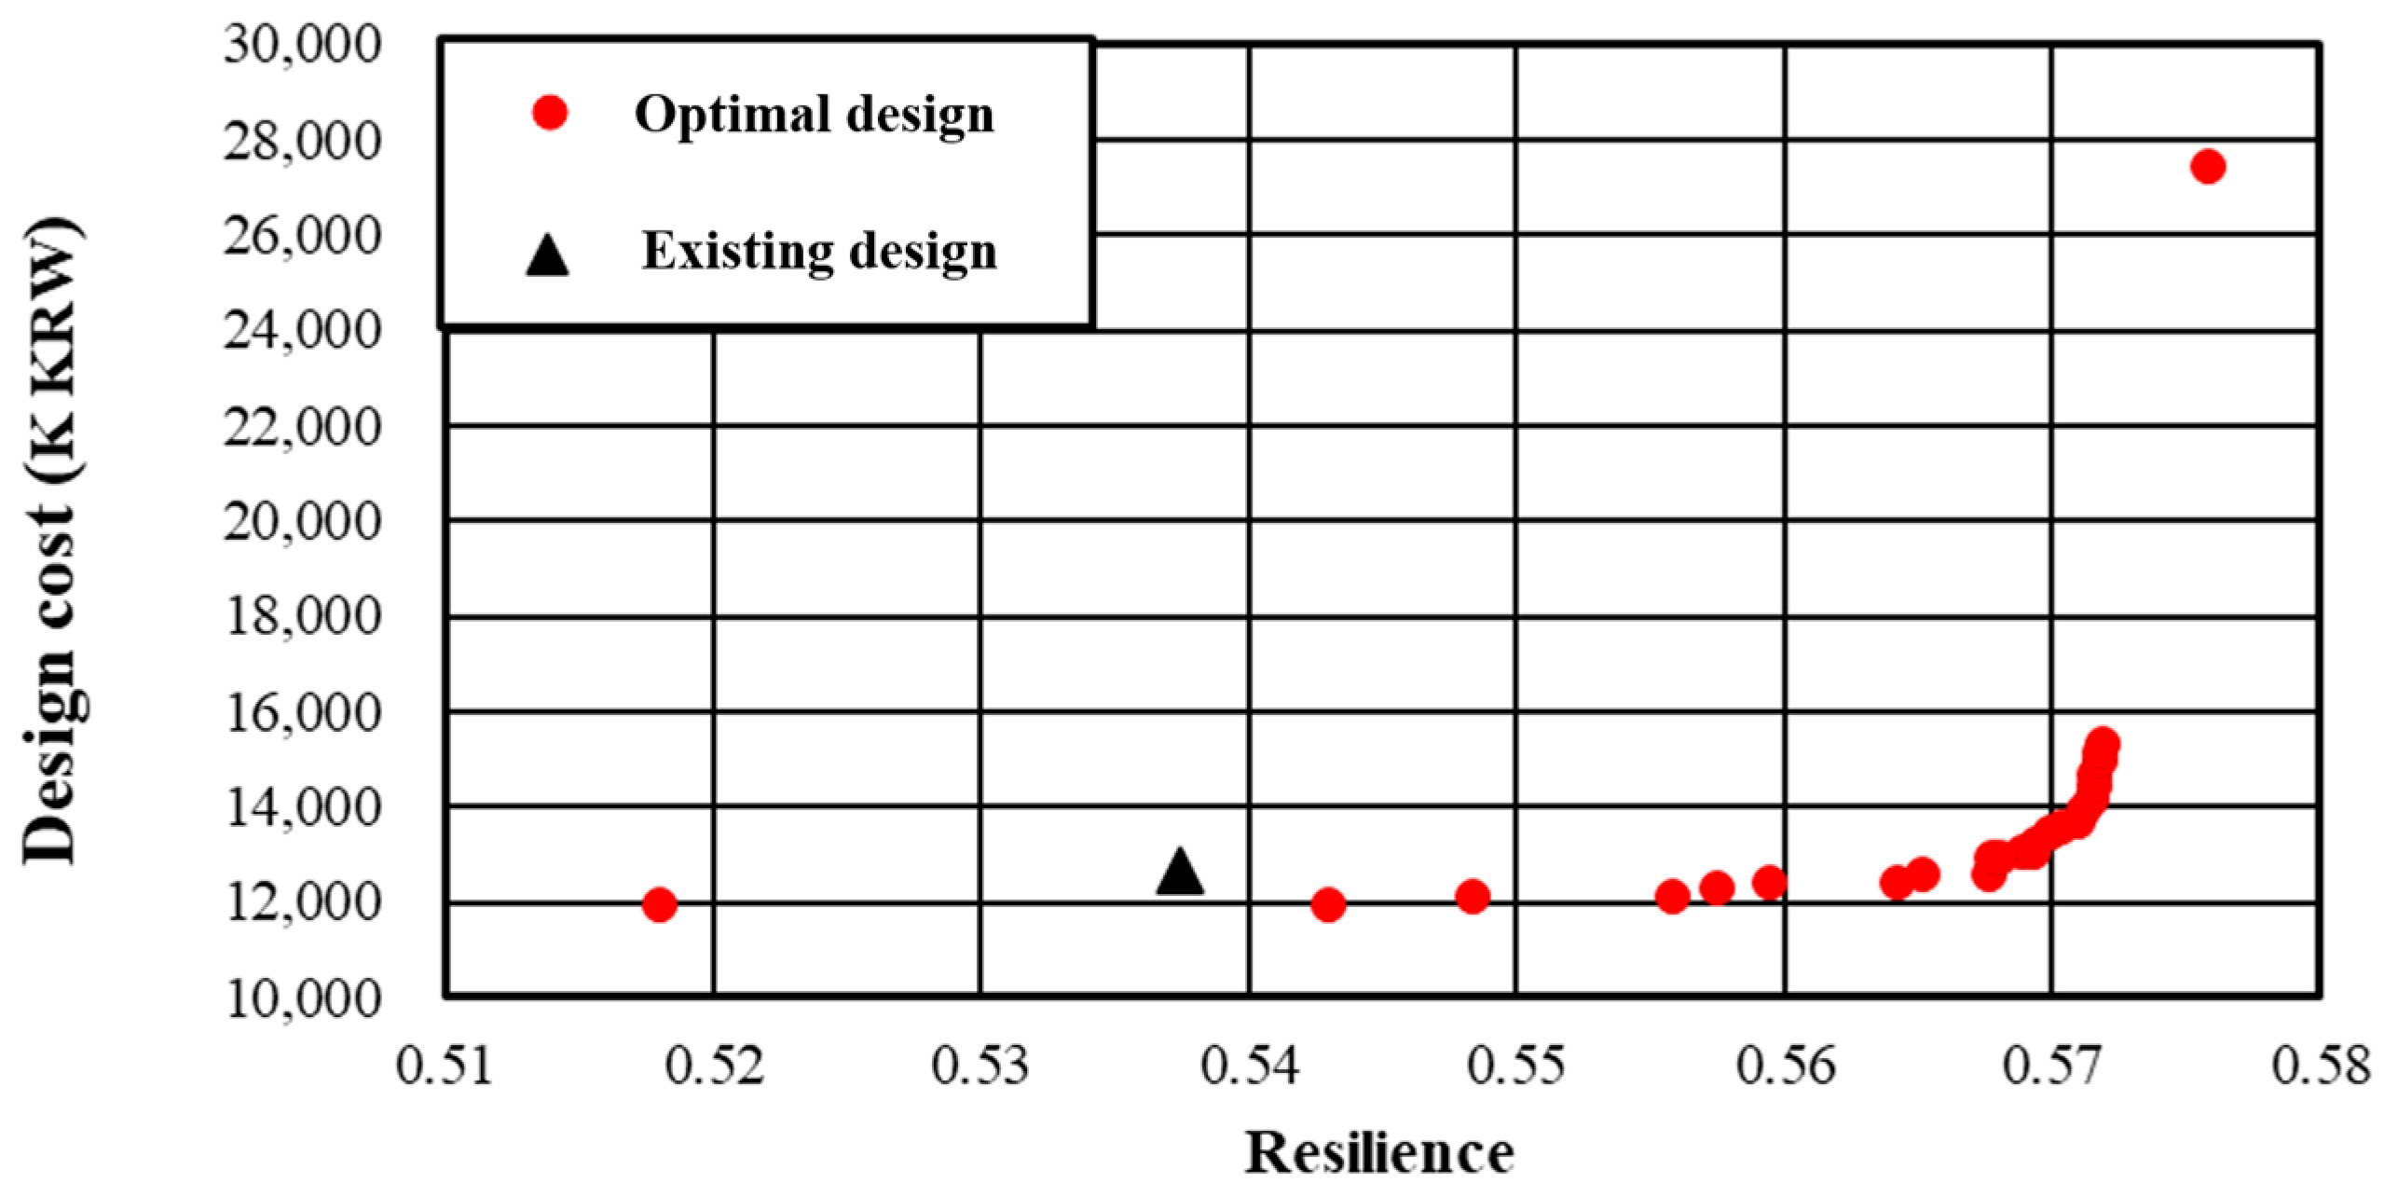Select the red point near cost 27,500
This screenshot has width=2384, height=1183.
point(2208,167)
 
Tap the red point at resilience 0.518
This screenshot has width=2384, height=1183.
point(659,904)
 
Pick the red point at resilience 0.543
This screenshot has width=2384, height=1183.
point(1327,904)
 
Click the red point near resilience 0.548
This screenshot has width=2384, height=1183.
point(1472,897)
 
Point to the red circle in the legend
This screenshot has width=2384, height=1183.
point(550,114)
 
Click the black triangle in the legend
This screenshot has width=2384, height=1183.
point(547,255)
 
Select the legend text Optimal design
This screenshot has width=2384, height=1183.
point(814,115)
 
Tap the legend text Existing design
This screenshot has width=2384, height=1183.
point(818,252)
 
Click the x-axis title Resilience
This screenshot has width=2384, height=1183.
point(1379,1152)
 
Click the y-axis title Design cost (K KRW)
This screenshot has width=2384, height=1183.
point(51,541)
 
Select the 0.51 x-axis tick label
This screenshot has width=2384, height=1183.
point(445,1066)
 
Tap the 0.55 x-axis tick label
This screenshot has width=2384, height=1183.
point(1516,1066)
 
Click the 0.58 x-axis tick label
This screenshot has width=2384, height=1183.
point(2319,1066)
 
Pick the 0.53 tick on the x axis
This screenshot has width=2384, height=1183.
point(980,1066)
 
